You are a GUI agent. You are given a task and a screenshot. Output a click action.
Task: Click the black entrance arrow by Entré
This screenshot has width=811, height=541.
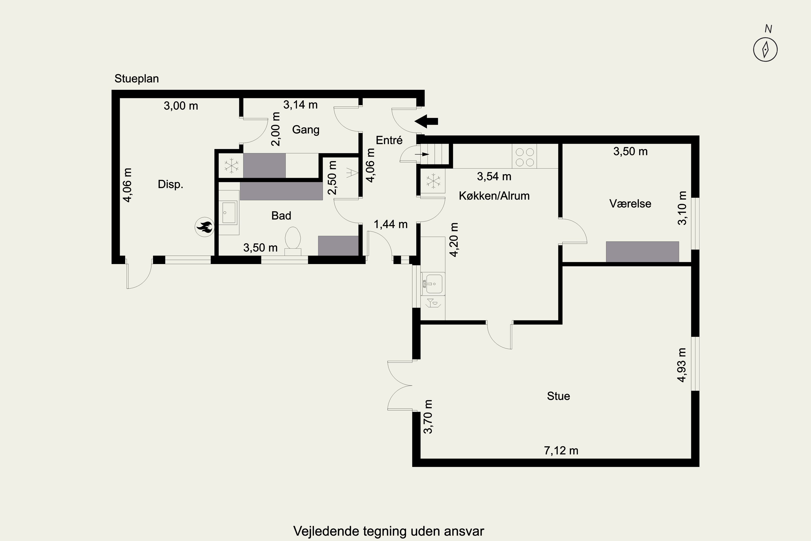coord(426,121)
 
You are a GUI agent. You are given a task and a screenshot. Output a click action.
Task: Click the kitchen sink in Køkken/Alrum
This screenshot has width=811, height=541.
coord(433,283)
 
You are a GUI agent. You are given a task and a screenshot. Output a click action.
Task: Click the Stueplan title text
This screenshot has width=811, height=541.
coord(137,79)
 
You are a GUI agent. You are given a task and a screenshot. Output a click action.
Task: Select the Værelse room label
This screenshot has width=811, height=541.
coord(630,204)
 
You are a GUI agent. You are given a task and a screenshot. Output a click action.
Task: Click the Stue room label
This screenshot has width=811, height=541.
coord(558,396)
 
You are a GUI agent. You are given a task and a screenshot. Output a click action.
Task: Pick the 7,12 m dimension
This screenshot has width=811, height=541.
coord(561,451)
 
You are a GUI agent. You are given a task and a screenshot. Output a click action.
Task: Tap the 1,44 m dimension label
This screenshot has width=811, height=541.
coord(391,224)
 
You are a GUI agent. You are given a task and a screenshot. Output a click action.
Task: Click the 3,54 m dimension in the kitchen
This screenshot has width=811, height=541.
coord(494,176)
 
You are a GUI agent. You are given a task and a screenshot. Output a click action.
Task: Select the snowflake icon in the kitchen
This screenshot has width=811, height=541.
coord(433,182)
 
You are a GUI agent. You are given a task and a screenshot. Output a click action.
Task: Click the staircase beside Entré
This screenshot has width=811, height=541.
coord(436,154)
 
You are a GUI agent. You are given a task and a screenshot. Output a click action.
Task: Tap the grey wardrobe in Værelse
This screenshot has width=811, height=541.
coord(642,252)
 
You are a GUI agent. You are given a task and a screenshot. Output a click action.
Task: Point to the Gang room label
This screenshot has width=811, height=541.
coord(306,130)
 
